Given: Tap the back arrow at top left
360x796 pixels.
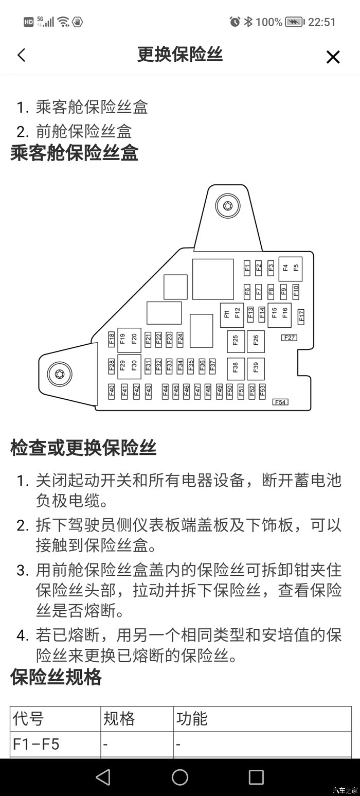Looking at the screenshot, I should tap(21, 55).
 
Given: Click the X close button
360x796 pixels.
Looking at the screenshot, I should tap(333, 57).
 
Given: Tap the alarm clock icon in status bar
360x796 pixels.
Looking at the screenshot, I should tap(235, 22).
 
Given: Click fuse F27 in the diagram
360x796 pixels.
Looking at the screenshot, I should tap(289, 338).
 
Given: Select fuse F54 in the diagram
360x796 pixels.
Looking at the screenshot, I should tap(280, 402).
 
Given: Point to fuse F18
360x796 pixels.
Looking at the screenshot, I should tap(112, 339).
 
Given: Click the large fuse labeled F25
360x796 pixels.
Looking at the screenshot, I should tap(236, 340).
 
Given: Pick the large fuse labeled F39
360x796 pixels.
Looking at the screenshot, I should tap(256, 367).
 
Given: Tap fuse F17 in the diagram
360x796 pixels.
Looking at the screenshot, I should tap(301, 316).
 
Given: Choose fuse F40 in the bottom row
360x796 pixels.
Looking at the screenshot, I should tap(112, 391).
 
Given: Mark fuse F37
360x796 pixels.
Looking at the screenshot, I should tap(212, 365).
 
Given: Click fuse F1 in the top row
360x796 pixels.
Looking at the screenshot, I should tap(247, 267).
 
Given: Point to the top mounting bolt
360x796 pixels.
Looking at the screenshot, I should tap(228, 206).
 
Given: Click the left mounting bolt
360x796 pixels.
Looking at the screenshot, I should tap(60, 374).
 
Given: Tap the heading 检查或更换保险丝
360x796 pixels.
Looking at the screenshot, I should tap(83, 448).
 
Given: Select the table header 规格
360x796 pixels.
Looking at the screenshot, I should tap(119, 718).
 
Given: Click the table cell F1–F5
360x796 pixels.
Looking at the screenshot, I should tap(37, 744).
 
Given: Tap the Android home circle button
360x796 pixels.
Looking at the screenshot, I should tap(180, 777).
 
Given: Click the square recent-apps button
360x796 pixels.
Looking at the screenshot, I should tap(256, 777).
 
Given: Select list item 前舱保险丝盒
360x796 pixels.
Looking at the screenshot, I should tap(84, 131).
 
